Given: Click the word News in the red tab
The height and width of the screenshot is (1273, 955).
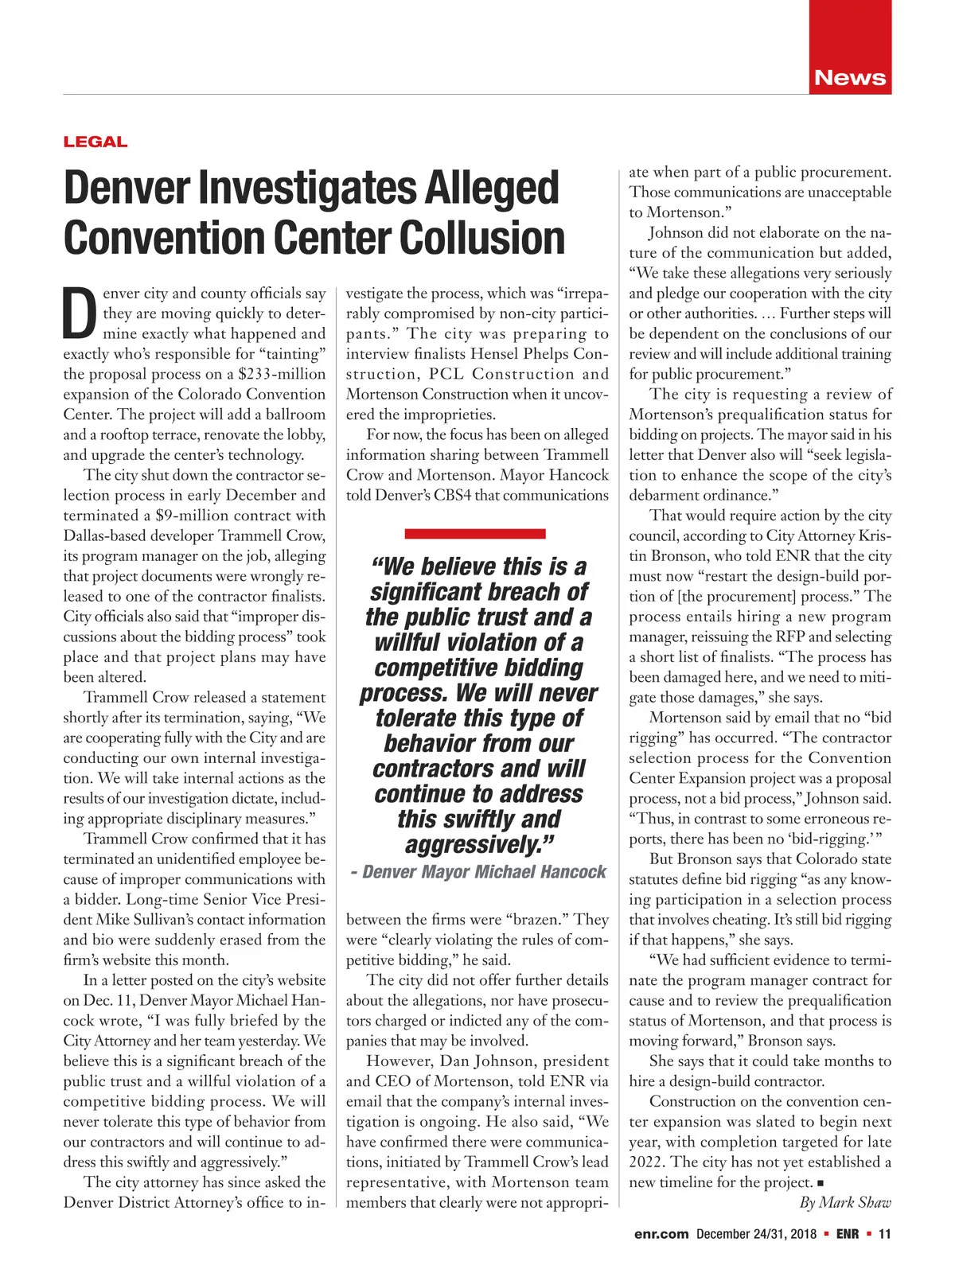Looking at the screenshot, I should pyautogui.click(x=849, y=78).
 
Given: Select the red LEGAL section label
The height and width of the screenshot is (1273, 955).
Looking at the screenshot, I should pyautogui.click(x=95, y=142).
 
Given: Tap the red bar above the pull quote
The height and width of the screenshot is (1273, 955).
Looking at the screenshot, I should pyautogui.click(x=475, y=533).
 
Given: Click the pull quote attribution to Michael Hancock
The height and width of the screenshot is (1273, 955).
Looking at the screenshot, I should pyautogui.click(x=478, y=872).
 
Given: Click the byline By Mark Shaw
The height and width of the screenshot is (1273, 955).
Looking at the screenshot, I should pyautogui.click(x=844, y=1202).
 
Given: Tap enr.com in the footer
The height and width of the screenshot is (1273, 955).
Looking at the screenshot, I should pyautogui.click(x=661, y=1234).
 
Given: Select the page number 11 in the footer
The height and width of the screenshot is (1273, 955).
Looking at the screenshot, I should pyautogui.click(x=884, y=1234).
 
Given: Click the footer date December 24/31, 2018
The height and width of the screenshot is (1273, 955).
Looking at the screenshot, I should pyautogui.click(x=756, y=1234).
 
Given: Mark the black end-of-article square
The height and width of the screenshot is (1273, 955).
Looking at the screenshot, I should pyautogui.click(x=821, y=1183).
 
